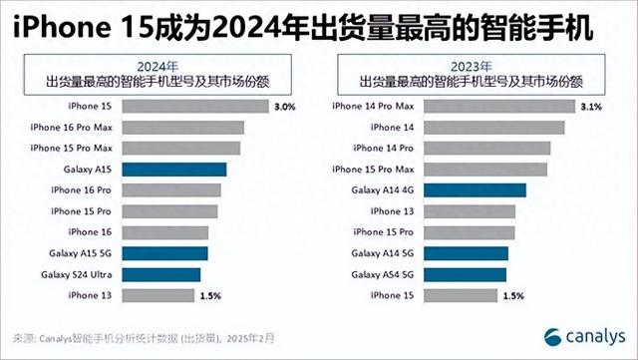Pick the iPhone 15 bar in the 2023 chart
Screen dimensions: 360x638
point(453,295)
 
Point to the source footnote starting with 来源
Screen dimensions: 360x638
point(140,336)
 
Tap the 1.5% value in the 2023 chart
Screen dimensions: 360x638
point(514,295)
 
